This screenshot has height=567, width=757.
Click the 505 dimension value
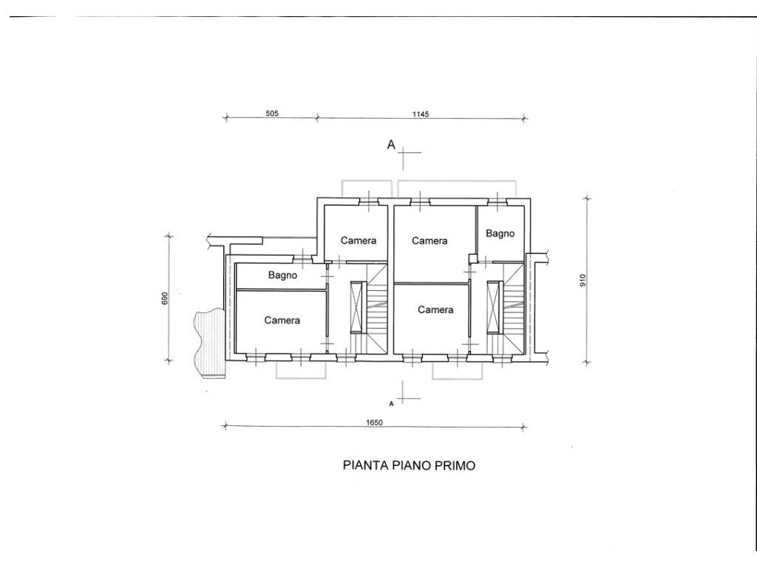[x=272, y=114]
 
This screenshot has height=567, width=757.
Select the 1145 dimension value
[x=421, y=114]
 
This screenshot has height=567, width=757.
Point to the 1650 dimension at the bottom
[x=374, y=423]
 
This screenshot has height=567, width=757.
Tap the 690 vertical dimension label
[x=165, y=298]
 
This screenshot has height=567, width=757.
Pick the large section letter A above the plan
[x=391, y=144]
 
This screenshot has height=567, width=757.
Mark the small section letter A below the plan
[x=391, y=404]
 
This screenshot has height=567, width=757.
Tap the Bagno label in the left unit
[x=283, y=275]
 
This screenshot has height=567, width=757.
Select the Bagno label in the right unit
[x=500, y=233]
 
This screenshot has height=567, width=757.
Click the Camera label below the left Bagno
[x=282, y=320]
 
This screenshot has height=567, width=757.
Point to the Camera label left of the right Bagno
[x=430, y=241]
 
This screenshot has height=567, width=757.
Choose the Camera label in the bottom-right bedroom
[x=435, y=309]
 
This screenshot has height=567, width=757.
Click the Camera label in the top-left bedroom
[x=359, y=240]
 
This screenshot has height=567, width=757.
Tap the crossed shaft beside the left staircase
[x=357, y=307]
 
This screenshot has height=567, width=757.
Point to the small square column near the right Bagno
[x=472, y=259]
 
